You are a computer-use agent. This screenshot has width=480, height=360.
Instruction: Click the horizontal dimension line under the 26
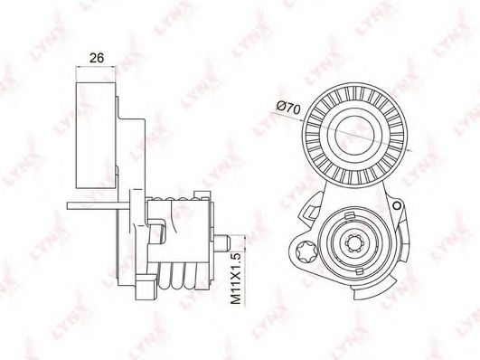(92, 70)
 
